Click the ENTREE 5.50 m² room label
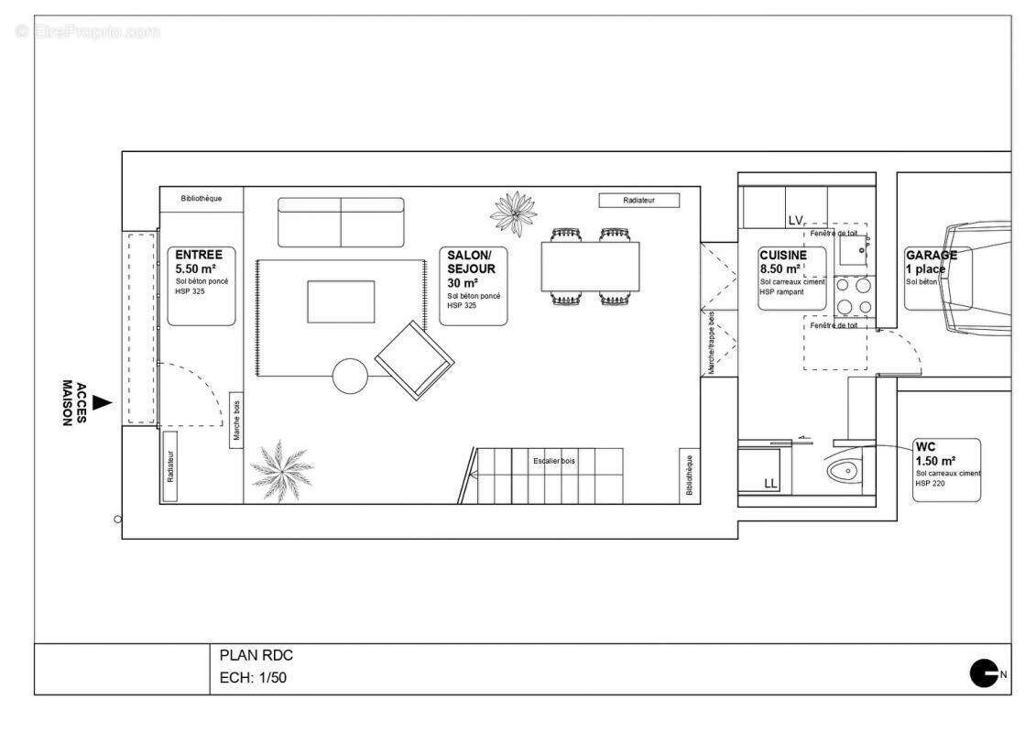[202, 285]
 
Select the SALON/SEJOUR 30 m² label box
[474, 285]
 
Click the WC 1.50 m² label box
[946, 470]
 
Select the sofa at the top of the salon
[341, 222]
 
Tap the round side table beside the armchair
[350, 376]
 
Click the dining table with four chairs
[589, 267]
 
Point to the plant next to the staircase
[281, 470]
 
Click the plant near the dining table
[514, 213]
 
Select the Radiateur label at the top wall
[638, 200]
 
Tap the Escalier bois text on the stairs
[554, 461]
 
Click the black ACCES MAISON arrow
[104, 402]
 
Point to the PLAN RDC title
[256, 655]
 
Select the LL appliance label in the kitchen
[770, 483]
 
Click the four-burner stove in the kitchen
[853, 295]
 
